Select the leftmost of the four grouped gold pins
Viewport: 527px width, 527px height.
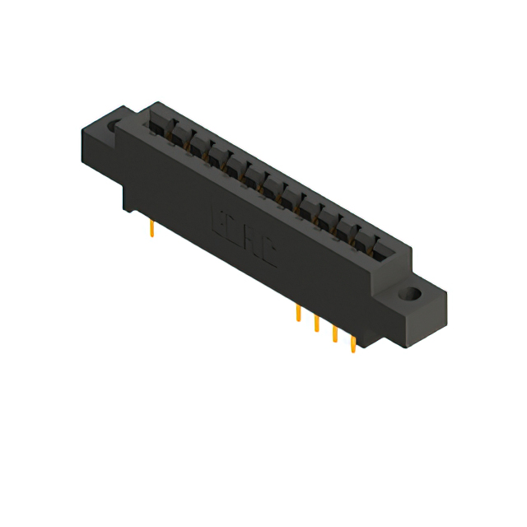pos(298,314)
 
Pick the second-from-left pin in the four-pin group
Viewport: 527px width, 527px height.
pos(316,323)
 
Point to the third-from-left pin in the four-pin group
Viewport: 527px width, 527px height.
pos(334,333)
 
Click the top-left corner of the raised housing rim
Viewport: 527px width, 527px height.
pos(152,105)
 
